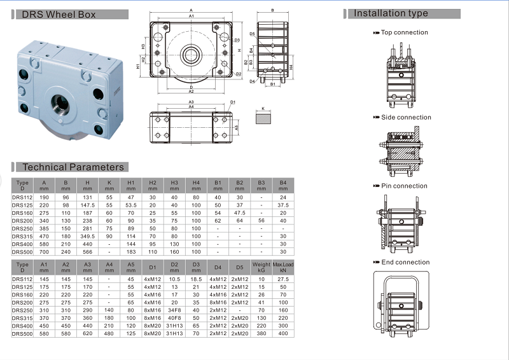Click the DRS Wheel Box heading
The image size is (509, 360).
coord(59,15)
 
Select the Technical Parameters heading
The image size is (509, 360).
coord(73,167)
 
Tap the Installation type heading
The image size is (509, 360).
coord(391,13)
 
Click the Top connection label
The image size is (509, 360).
coord(405,32)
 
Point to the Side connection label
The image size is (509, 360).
coord(406,118)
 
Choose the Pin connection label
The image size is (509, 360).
coord(404,186)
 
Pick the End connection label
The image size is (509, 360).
coord(405,262)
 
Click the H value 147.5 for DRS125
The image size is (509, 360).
coord(88,205)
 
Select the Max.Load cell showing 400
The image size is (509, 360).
coord(283,333)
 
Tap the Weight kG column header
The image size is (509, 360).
coord(261,267)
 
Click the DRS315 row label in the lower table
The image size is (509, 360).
coord(22,318)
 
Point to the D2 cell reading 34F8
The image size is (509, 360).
coord(174,310)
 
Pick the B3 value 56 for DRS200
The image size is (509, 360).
coord(261,221)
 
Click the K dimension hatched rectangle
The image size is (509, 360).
coord(263,118)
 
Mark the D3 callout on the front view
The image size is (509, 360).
coord(237,40)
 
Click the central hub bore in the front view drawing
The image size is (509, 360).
coord(192,54)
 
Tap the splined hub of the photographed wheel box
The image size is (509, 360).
coord(61,104)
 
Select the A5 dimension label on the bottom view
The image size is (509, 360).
coord(237,128)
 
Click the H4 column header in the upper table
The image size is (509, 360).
coord(196,185)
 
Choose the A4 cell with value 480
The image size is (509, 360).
coord(109,333)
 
